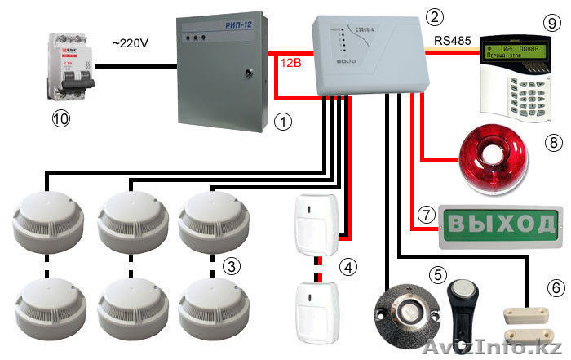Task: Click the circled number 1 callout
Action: [281, 122]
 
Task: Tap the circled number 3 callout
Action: [232, 264]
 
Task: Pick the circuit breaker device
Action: [62, 67]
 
